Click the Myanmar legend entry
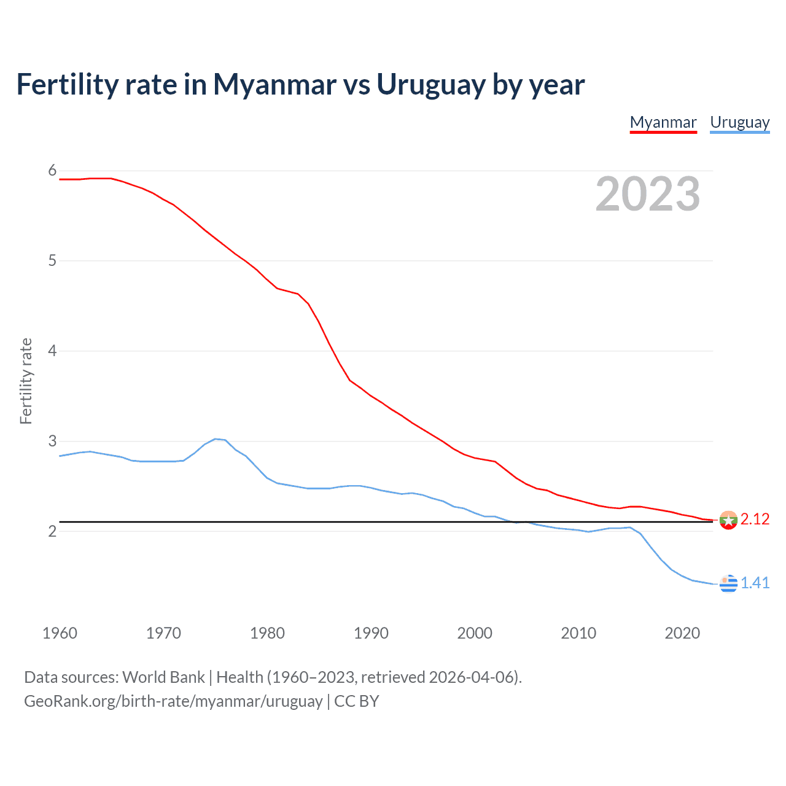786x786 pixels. click(663, 122)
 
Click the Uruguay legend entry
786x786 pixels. click(739, 122)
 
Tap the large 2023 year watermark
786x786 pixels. click(647, 194)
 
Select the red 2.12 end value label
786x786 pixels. click(755, 519)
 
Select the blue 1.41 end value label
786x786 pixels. click(755, 583)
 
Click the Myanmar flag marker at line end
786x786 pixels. click(728, 520)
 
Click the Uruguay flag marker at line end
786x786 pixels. click(728, 583)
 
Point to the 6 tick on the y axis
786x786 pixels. click(52, 171)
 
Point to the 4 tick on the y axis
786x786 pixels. click(52, 351)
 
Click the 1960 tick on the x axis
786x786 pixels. click(60, 633)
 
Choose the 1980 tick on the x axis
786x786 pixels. click(267, 633)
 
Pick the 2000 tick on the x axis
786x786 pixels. click(475, 633)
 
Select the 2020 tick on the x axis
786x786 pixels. click(682, 633)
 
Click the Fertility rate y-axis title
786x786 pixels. click(26, 381)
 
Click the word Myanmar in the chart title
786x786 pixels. click(274, 84)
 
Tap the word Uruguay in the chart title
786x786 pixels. click(431, 84)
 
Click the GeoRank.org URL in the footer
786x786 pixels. click(173, 701)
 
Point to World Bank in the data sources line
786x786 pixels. click(163, 677)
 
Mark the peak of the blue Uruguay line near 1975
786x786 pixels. click(216, 438)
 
